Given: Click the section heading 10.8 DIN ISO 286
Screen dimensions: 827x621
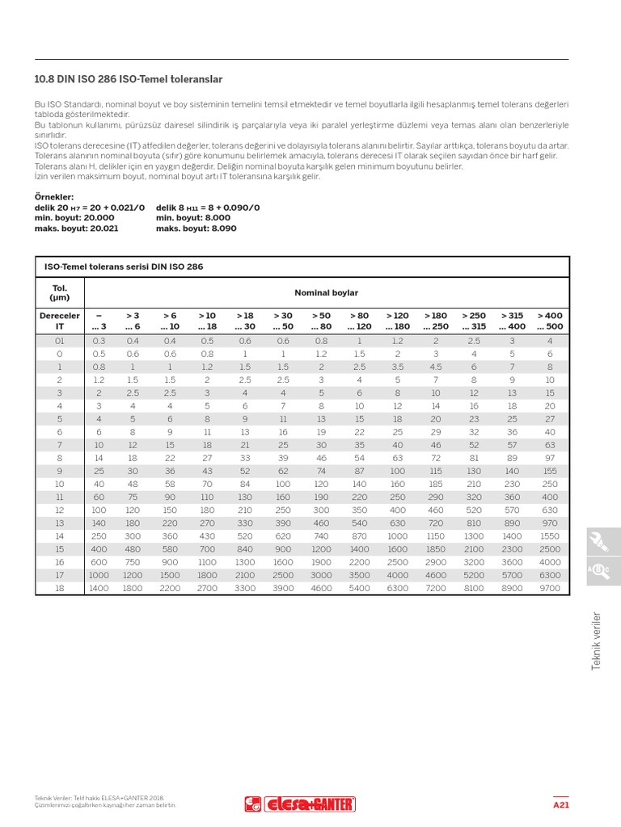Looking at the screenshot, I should click(x=129, y=80).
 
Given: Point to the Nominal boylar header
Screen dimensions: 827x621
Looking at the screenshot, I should click(x=326, y=292).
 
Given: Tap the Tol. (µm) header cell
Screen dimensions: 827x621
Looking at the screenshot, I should click(x=60, y=292).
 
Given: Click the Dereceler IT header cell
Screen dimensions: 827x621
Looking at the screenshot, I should click(x=60, y=321).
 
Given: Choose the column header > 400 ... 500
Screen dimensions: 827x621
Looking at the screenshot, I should click(x=549, y=321).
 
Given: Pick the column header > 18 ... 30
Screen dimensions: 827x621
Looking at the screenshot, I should click(x=244, y=321).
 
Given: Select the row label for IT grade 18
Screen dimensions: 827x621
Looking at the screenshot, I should click(x=60, y=589).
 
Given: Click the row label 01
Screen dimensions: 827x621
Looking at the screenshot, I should click(x=60, y=342).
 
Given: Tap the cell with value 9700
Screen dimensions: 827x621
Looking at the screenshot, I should click(x=549, y=589).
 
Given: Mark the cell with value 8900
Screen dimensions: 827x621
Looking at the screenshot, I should click(x=512, y=589).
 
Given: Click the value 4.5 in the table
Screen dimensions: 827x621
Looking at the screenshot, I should click(x=435, y=366).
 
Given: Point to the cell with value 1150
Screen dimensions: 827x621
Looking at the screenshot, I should click(x=435, y=535).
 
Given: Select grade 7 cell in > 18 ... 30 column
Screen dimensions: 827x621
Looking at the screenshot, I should click(x=244, y=444).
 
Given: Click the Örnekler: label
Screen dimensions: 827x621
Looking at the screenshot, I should click(x=54, y=197).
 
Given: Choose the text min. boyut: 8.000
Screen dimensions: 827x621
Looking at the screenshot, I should click(x=192, y=218).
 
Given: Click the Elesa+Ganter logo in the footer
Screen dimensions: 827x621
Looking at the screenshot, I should click(x=299, y=804).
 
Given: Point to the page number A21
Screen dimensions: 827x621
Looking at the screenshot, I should click(x=561, y=805).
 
